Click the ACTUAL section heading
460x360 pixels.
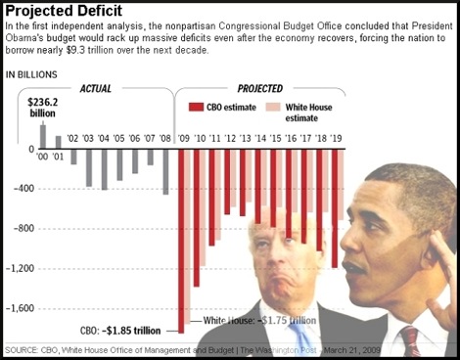tap(96, 88)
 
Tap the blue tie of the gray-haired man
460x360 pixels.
tap(300, 336)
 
